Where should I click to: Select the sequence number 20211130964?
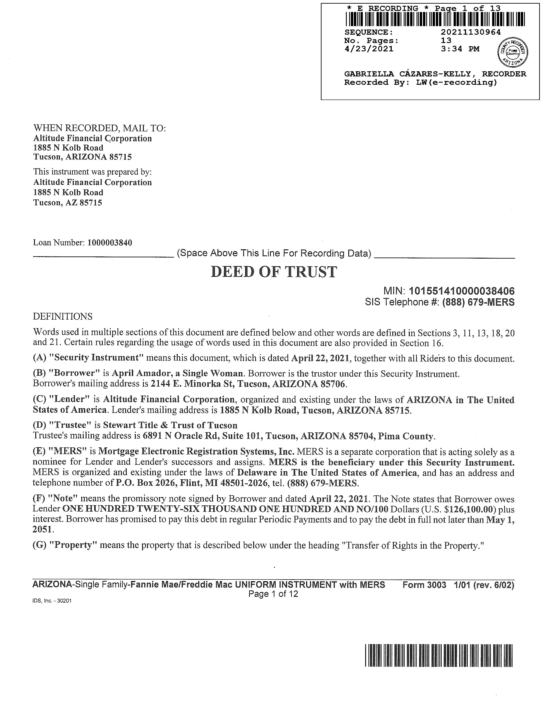(471, 32)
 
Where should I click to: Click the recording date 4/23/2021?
(369, 49)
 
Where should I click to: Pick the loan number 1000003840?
(110, 243)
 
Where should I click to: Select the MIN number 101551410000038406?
(462, 291)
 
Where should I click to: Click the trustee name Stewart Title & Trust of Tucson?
(170, 425)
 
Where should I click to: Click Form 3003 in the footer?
(424, 585)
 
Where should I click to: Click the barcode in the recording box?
(435, 19)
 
